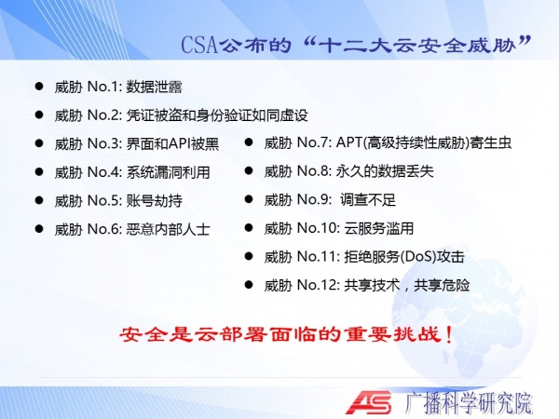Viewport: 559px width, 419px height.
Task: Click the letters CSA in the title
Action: coord(199,45)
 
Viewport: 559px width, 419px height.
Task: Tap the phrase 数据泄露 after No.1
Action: coord(154,87)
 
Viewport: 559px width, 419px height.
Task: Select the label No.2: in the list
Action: coord(104,115)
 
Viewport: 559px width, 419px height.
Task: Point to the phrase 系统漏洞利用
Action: coord(168,172)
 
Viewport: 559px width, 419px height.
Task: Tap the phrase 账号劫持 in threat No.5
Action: coord(154,201)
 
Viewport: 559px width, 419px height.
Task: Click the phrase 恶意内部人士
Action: coord(168,229)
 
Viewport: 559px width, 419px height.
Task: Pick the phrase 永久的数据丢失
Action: coord(385,171)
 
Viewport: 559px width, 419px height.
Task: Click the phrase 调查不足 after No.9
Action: coord(368,200)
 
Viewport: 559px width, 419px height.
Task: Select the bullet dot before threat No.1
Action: coord(39,87)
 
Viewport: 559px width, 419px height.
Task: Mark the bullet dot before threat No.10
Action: coord(249,228)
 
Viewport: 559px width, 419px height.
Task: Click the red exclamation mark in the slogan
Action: coord(449,335)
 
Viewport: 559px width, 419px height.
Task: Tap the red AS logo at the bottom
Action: coord(369,403)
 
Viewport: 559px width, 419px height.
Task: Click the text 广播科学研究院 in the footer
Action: coord(468,403)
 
